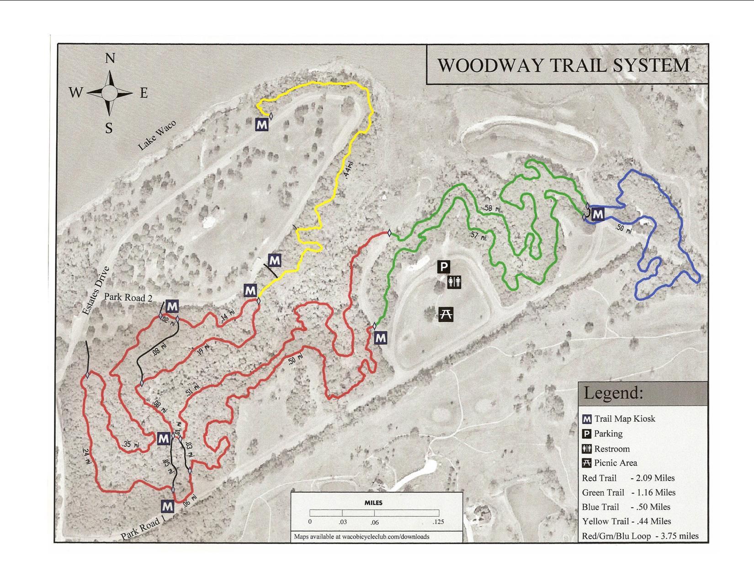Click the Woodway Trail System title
coord(563,65)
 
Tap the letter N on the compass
coord(110,59)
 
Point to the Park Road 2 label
coord(127,297)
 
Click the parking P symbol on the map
coord(444,267)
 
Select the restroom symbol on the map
coord(454,282)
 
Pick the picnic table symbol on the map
coord(446,314)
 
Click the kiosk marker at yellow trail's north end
coord(261,124)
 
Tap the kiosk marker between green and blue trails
coord(598,214)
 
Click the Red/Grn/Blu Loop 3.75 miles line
coord(640,536)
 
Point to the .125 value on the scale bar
coord(438,522)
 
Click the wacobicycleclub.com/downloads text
coord(361,536)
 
